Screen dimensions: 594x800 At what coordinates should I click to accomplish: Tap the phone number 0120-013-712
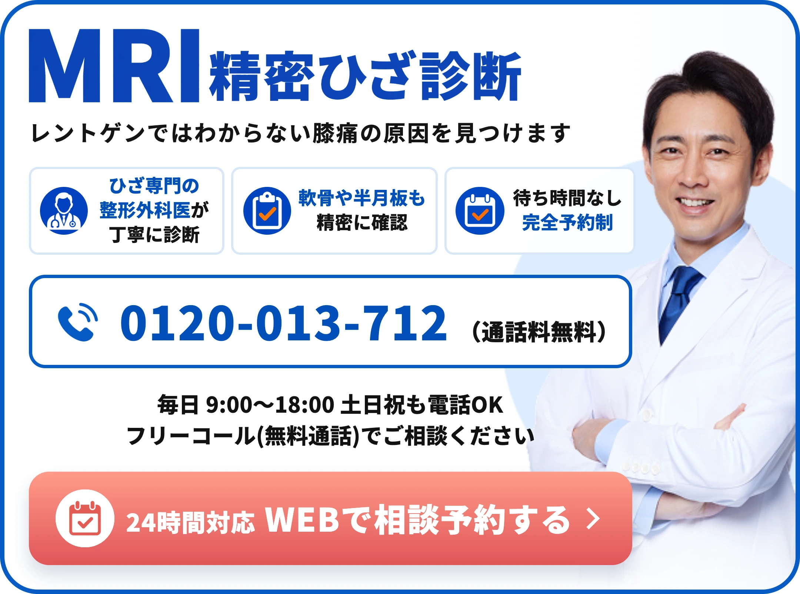(x=283, y=323)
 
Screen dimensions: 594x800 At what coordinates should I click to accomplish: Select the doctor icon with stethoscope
(x=64, y=211)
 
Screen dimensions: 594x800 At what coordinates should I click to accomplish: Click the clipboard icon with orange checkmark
(x=267, y=211)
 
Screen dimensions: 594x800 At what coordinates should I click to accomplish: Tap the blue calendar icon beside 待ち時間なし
(x=480, y=211)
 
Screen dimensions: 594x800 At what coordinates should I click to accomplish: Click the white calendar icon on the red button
(x=85, y=518)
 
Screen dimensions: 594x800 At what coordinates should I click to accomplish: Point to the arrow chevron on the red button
(x=593, y=519)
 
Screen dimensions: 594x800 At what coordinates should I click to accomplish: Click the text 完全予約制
(x=567, y=223)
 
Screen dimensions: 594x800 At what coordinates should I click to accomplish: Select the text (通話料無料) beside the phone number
(x=539, y=331)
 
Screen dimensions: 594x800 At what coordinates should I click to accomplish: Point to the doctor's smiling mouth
(x=695, y=204)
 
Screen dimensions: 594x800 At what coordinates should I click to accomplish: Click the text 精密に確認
(x=362, y=223)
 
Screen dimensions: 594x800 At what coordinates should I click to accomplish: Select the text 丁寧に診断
(x=154, y=235)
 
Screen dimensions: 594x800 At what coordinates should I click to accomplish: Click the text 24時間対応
(x=190, y=522)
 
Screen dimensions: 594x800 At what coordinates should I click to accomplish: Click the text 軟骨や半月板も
(x=361, y=198)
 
